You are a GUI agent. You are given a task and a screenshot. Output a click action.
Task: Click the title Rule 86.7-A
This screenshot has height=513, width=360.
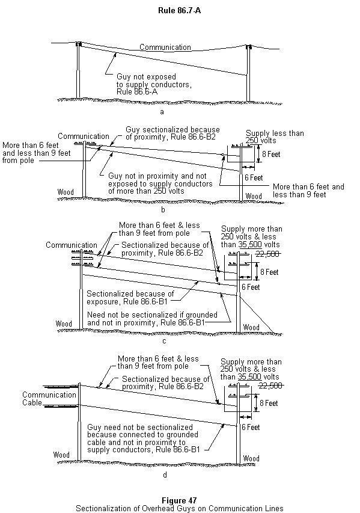pos(179,10)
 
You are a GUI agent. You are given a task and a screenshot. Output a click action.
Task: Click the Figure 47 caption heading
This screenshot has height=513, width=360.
pos(179,500)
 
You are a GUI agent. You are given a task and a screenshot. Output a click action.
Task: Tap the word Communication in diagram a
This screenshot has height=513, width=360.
pos(165,47)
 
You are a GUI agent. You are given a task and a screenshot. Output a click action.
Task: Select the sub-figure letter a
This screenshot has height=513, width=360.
pos(162,112)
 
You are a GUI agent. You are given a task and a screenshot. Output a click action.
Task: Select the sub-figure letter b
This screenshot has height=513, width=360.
pos(163,210)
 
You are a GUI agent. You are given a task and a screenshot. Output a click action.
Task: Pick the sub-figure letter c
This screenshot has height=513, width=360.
pos(164,341)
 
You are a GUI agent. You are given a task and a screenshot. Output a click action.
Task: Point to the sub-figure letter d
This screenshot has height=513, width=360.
pos(165,475)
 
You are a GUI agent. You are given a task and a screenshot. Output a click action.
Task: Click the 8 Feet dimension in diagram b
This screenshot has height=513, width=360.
pos(271,154)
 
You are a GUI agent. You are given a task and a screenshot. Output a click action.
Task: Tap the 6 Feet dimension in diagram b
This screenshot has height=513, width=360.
pos(254,177)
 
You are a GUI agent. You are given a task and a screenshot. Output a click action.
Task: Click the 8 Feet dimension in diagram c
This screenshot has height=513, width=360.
pos(269,272)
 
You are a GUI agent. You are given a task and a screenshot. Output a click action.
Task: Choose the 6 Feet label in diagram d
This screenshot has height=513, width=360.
pos(251,427)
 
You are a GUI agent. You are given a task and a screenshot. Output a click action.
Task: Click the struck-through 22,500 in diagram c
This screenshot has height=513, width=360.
pos(267,254)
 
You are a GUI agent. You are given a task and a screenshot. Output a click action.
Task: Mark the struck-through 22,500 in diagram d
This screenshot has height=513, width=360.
pos(270,386)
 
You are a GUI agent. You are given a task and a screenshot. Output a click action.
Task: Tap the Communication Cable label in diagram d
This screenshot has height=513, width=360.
pos(49,399)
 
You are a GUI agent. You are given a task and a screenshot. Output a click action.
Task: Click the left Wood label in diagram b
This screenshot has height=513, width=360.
pos(66,192)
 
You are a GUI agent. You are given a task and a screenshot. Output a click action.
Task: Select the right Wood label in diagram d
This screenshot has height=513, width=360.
pos(251,458)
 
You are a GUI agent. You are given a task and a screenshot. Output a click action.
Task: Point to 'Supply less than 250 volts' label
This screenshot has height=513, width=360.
pos(275,137)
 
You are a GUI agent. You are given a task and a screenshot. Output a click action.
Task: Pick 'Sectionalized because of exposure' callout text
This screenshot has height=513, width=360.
pos(130,298)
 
